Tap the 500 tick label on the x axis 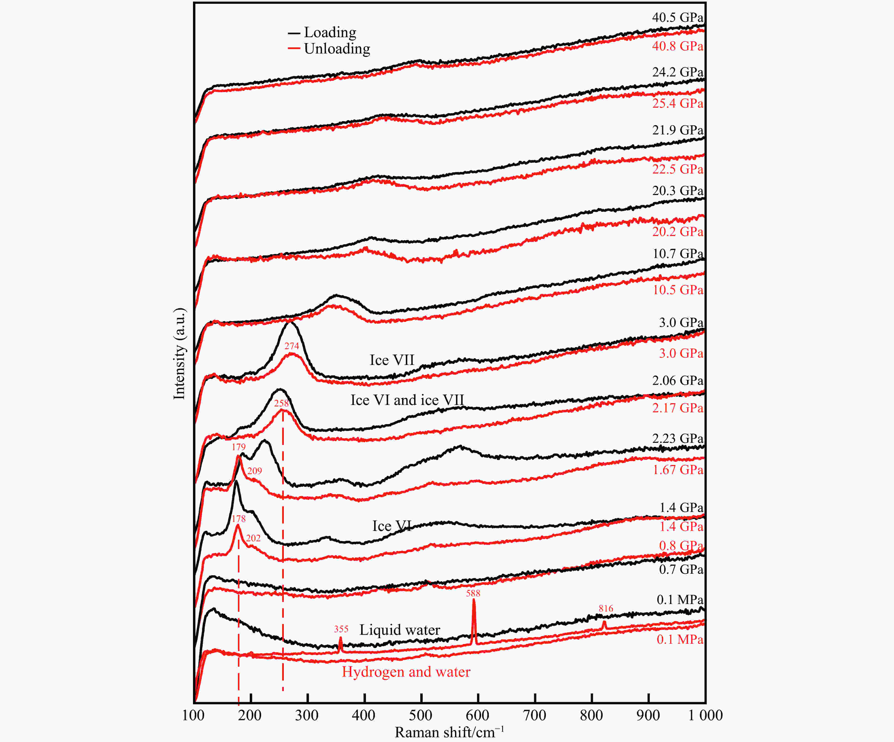421,715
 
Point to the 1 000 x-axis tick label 705,715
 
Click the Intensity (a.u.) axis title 179,354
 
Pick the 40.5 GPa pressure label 677,18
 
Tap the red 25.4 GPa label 677,103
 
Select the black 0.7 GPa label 681,569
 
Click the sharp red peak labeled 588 474,618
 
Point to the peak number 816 606,608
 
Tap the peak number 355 341,629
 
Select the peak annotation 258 281,403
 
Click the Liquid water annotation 399,630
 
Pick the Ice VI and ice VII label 407,400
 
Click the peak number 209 254,471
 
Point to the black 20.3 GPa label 677,191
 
